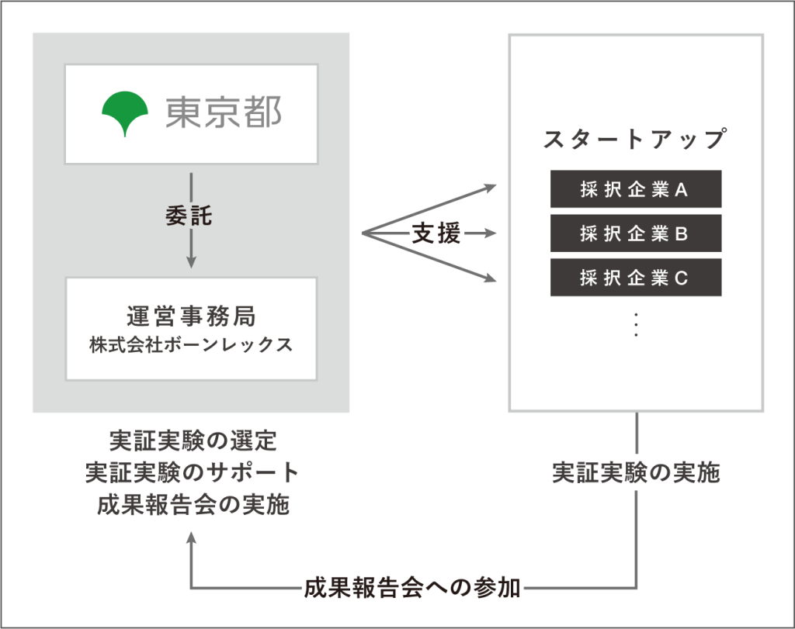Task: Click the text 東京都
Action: tap(223, 114)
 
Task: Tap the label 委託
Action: tap(189, 216)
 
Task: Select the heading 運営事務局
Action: tap(191, 316)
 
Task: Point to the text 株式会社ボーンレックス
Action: tap(191, 344)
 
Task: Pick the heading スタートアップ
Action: tap(635, 140)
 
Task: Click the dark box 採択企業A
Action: tap(635, 189)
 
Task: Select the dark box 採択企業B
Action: tap(635, 233)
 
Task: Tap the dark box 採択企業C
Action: tap(635, 278)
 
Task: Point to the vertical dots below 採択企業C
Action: tap(635, 324)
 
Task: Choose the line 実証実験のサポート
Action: tap(191, 473)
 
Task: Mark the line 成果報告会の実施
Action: tap(191, 505)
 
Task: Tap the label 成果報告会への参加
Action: tap(411, 588)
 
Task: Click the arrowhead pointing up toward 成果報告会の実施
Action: tap(191, 538)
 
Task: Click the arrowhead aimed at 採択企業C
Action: tap(489, 278)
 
